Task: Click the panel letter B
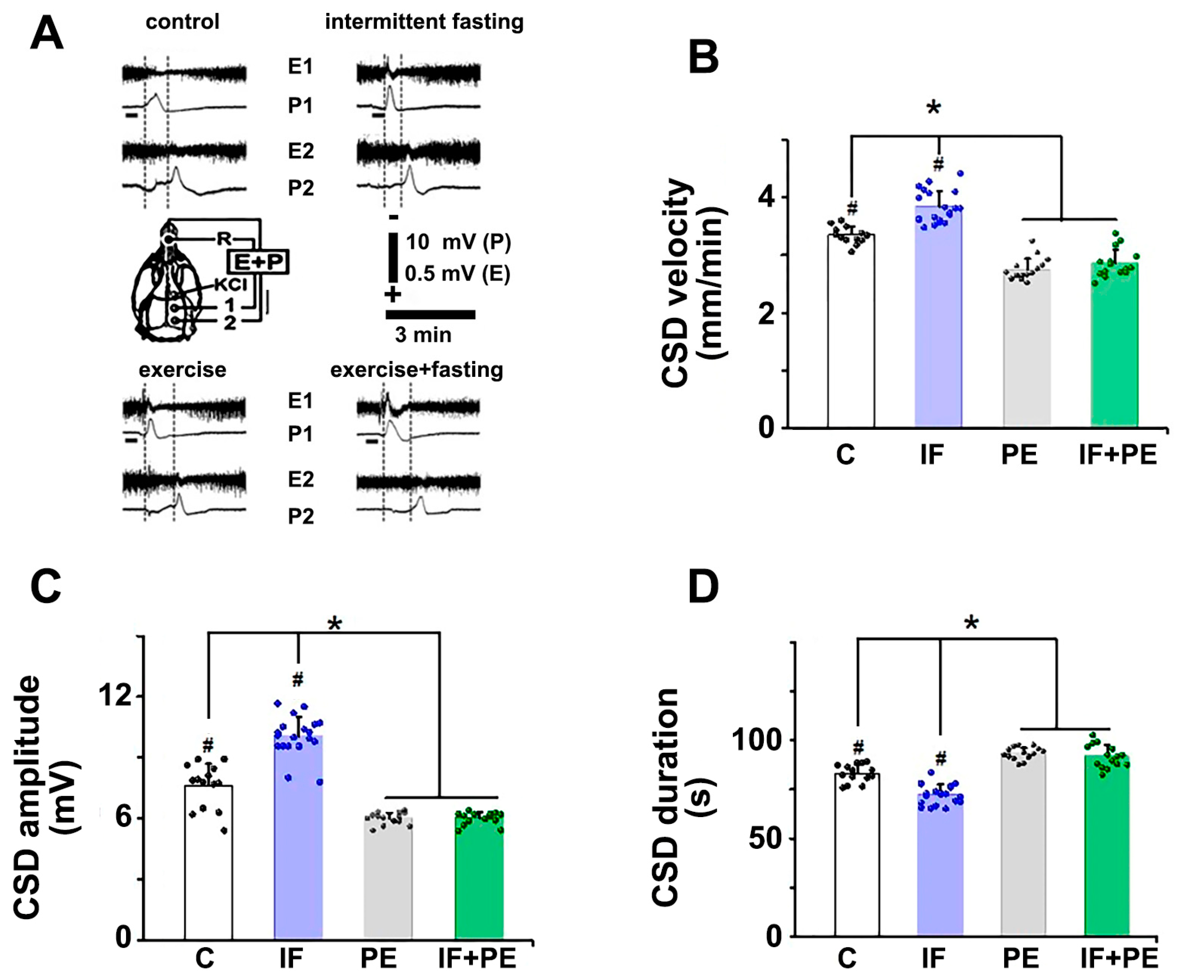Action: pos(703,58)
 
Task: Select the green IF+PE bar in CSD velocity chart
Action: pos(1114,348)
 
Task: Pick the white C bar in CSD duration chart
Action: pos(857,859)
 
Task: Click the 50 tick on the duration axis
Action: pos(766,839)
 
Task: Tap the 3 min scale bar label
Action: pos(423,335)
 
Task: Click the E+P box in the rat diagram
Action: pos(258,262)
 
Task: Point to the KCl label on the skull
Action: pos(230,284)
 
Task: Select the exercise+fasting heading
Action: pos(416,370)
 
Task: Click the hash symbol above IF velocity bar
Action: pos(938,164)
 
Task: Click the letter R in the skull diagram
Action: pos(223,239)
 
